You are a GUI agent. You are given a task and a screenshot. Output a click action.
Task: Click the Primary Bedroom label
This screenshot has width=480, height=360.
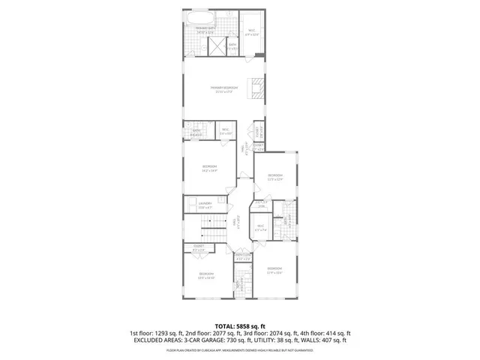[223, 88]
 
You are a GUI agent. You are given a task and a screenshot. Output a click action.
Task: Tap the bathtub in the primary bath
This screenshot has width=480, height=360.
[199, 19]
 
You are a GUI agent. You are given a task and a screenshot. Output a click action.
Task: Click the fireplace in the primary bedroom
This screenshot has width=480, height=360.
[257, 88]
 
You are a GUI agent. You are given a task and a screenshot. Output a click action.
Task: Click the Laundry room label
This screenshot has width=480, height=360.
[205, 203]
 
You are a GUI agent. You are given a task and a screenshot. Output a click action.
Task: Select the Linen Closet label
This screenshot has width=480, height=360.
[242, 257]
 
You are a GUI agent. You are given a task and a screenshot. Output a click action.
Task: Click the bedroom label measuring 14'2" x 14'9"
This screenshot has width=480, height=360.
[209, 167]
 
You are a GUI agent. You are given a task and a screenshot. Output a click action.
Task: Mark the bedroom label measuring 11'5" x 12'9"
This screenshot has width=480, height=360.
[275, 178]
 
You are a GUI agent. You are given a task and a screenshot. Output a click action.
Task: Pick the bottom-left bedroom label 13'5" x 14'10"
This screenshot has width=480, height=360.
[206, 275]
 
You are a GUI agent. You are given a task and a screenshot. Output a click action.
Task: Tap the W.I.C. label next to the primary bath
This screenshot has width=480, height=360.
[251, 31]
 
